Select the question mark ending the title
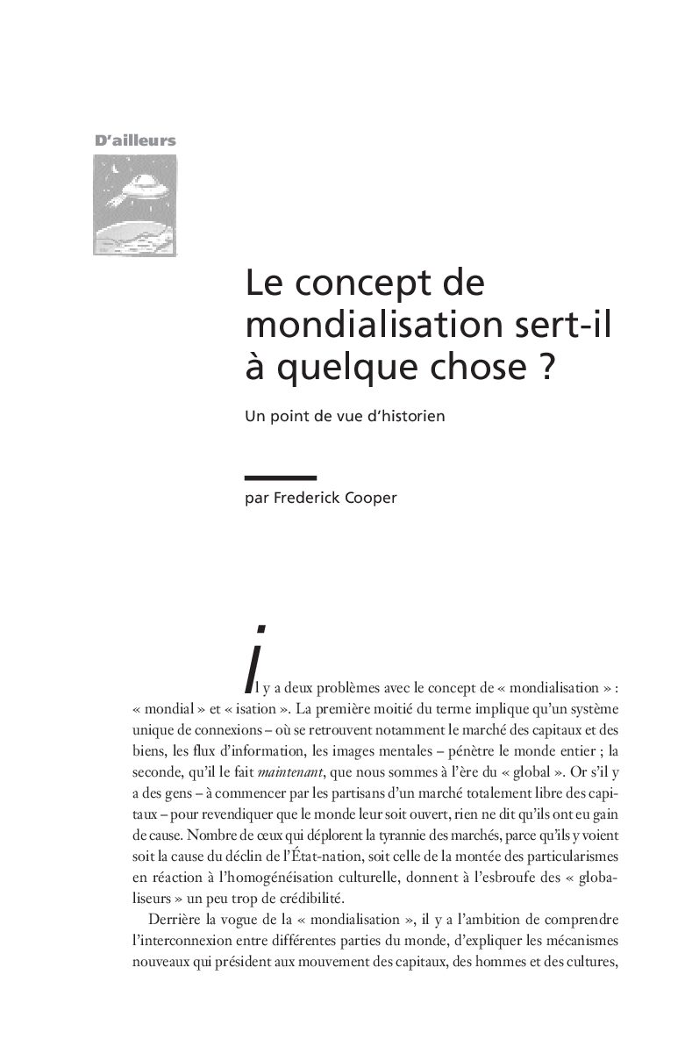(x=546, y=364)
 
